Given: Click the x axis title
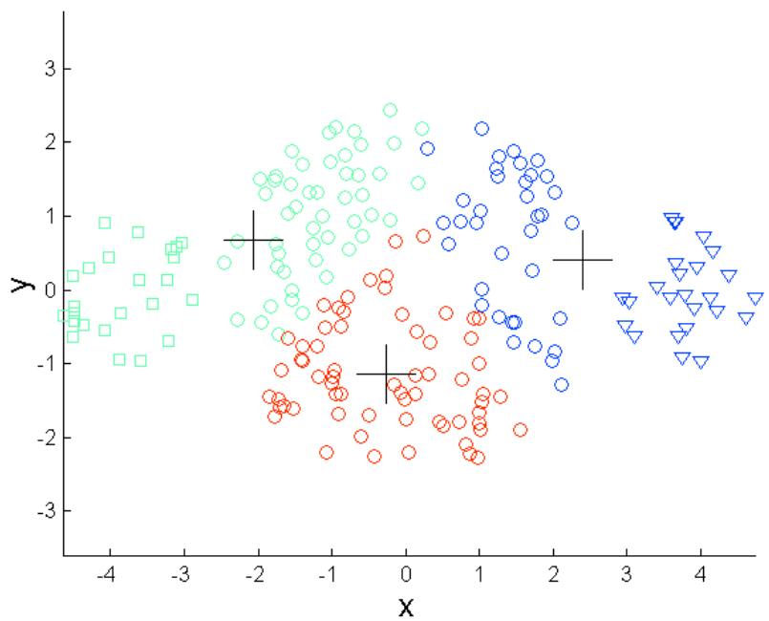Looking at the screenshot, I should pos(406,605).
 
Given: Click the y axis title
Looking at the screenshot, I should pos(16,285).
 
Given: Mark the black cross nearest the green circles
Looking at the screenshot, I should pos(253,240).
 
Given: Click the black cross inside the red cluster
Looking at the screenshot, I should pos(386,374).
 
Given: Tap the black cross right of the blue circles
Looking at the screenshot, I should pos(582,259).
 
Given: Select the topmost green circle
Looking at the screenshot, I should pos(390,110).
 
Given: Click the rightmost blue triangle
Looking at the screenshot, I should pos(755,299).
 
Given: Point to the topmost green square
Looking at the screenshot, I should pos(105,223).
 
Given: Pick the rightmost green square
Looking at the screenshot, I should pos(192,299).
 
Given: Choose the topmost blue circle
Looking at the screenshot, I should pos(481,128).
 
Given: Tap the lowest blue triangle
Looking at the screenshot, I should pos(700,363).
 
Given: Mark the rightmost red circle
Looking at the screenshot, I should pos(521,430).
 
